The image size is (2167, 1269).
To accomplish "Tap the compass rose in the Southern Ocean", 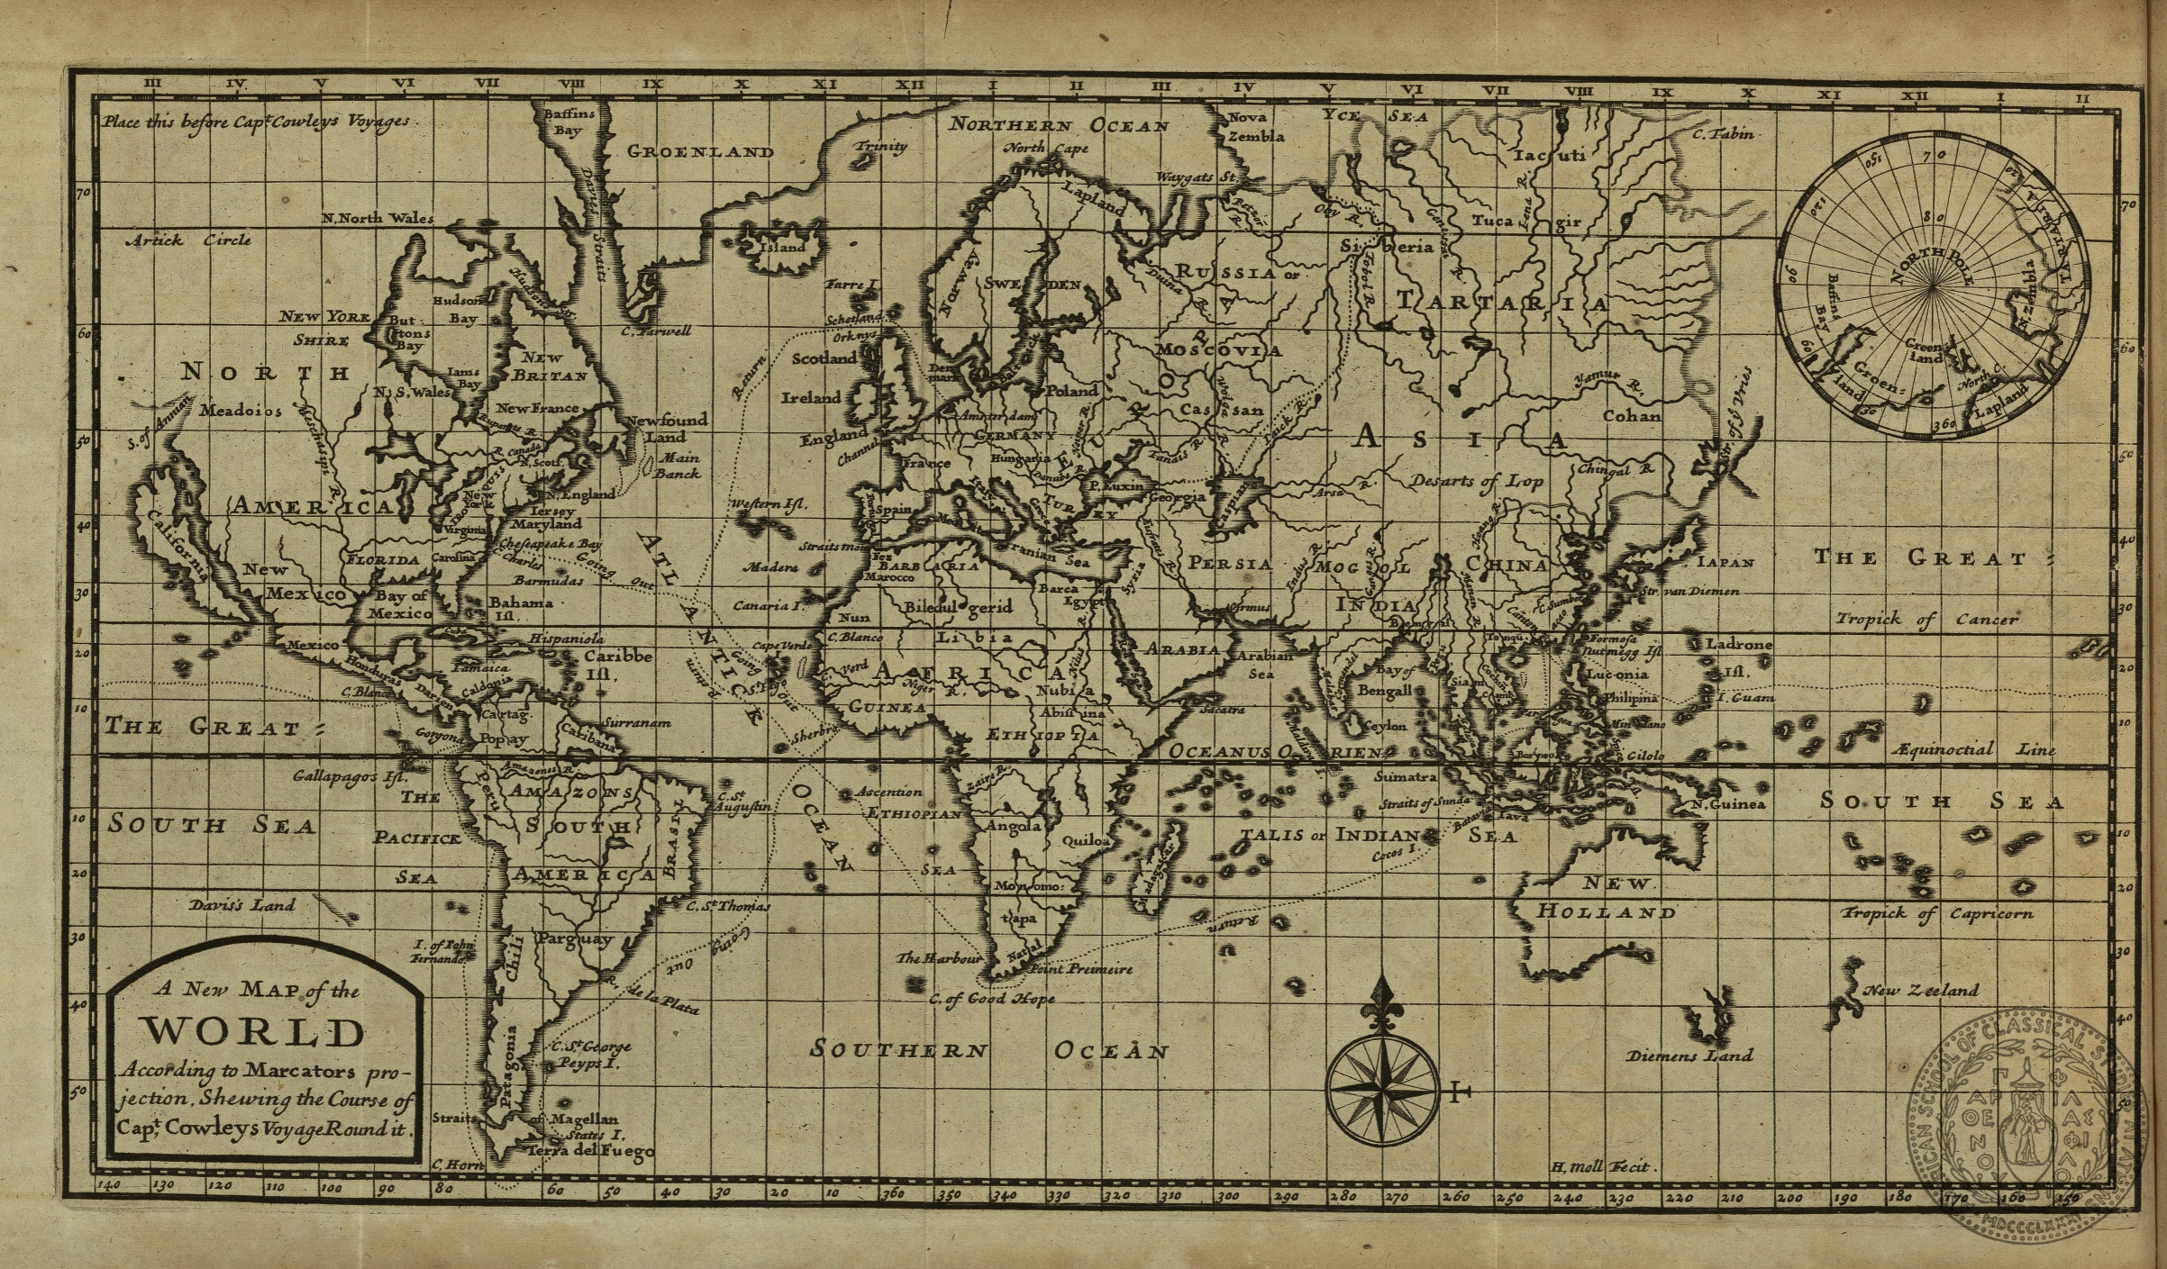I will pyautogui.click(x=1382, y=1088).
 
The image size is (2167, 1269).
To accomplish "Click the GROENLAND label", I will pyautogui.click(x=699, y=151).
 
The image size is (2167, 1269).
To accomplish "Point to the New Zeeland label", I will pyautogui.click(x=1920, y=991).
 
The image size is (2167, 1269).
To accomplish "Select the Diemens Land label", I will pyautogui.click(x=1689, y=1056).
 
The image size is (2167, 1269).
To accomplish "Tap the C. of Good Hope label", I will pyautogui.click(x=990, y=999).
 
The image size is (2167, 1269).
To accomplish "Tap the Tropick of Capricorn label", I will pyautogui.click(x=1937, y=914).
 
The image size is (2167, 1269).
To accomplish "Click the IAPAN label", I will pyautogui.click(x=1725, y=562).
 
